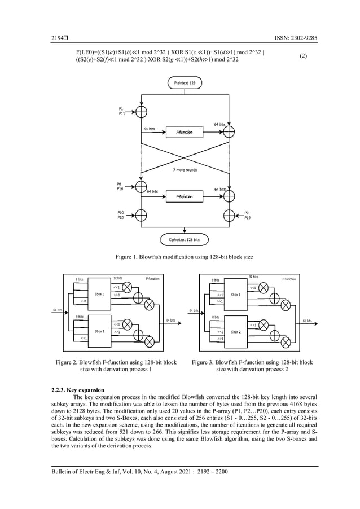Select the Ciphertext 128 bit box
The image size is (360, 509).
[x=185, y=239]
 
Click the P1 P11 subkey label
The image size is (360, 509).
[x=122, y=111]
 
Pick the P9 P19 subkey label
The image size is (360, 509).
[x=248, y=215]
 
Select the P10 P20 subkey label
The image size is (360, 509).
[x=120, y=215]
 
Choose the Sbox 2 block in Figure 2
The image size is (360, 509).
[x=99, y=331]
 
